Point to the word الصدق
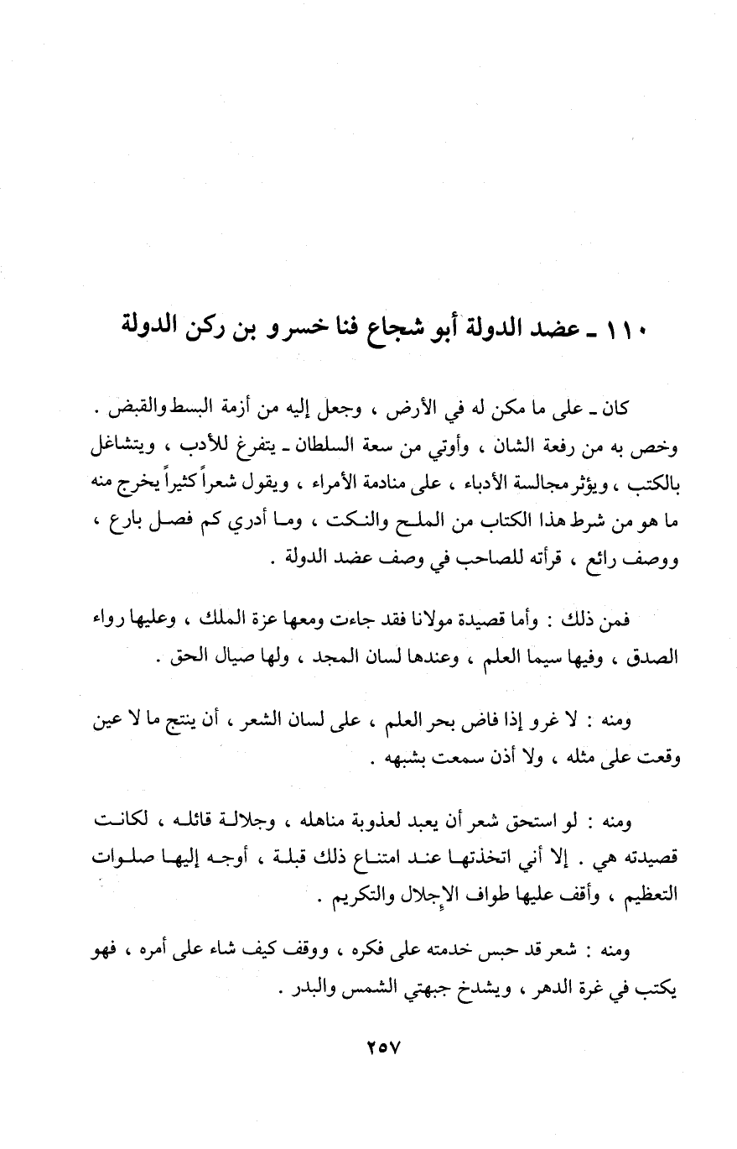pyautogui.click(x=656, y=656)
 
